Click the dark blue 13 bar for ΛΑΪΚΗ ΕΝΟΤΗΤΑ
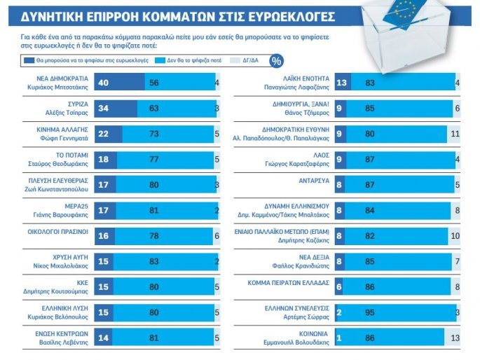pos(343,83)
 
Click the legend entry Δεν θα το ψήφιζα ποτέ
pos(183,61)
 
